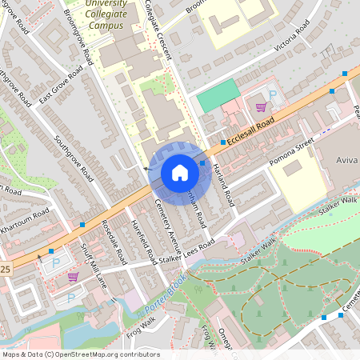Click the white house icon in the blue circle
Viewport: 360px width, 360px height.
point(180,172)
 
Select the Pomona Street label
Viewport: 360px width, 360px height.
point(293,147)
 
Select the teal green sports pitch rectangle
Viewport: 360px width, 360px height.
point(218,96)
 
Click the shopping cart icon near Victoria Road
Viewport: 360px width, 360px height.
point(260,106)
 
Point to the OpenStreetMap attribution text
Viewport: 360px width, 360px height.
point(81,354)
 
